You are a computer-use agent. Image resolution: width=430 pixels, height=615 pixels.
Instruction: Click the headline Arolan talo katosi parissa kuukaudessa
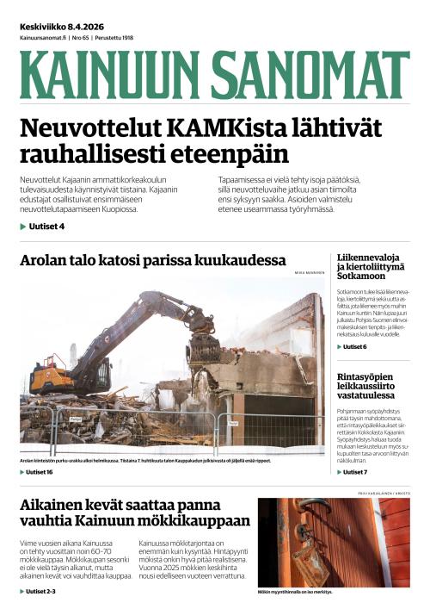pyautogui.click(x=152, y=260)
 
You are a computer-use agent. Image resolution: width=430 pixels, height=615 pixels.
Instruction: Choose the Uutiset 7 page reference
pyautogui.click(x=354, y=472)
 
